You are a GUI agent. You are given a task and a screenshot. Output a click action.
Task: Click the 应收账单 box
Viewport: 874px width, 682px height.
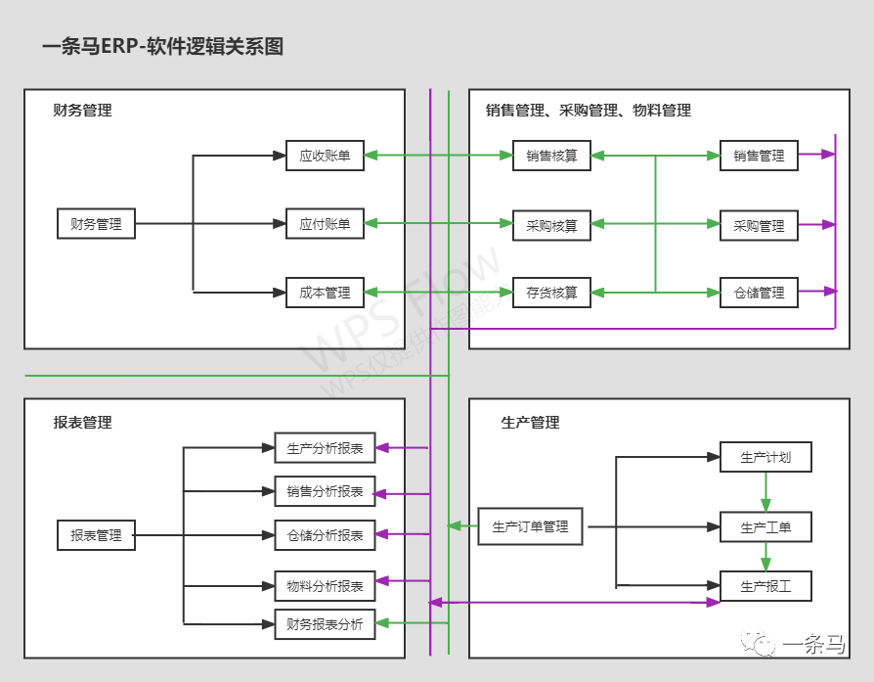pyautogui.click(x=325, y=156)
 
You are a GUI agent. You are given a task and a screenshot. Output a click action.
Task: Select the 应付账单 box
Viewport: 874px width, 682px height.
pyautogui.click(x=325, y=224)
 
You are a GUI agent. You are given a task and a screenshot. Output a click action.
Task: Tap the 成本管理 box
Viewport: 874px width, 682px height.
pyautogui.click(x=325, y=293)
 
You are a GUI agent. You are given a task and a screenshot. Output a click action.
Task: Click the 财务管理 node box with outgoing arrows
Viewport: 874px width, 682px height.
pyautogui.click(x=96, y=224)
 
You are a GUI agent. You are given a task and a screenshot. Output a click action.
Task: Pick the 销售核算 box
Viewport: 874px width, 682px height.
pyautogui.click(x=551, y=156)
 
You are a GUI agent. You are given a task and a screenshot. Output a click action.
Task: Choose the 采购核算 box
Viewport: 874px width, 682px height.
pyautogui.click(x=551, y=226)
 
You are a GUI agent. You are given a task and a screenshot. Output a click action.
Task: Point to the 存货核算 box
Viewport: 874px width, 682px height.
pyautogui.click(x=551, y=293)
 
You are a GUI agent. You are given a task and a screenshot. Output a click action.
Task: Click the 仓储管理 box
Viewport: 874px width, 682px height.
pyautogui.click(x=759, y=293)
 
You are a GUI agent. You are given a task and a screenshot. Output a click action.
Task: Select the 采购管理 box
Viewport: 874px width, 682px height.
pyautogui.click(x=759, y=226)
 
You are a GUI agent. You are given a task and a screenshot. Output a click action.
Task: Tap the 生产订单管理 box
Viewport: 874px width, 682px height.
pyautogui.click(x=530, y=526)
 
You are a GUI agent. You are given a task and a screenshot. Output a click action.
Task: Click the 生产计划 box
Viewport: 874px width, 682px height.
pyautogui.click(x=765, y=457)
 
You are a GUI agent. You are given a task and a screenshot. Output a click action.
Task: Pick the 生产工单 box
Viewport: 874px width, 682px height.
pyautogui.click(x=765, y=527)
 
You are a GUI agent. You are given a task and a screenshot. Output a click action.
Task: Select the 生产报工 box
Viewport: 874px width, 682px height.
pyautogui.click(x=765, y=586)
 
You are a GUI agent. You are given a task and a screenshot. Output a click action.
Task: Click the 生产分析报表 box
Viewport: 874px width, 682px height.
pyautogui.click(x=325, y=448)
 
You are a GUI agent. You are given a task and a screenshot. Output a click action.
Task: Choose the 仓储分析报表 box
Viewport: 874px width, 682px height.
pyautogui.click(x=325, y=535)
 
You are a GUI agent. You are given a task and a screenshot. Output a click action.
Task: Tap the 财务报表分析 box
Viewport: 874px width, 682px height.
pyautogui.click(x=325, y=623)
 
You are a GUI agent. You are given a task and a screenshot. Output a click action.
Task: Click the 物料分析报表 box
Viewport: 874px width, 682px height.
pyautogui.click(x=325, y=586)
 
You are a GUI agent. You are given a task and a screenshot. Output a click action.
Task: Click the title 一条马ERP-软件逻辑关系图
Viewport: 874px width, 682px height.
pyautogui.click(x=163, y=47)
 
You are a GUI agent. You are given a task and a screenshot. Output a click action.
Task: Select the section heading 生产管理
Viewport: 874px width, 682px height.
pyautogui.click(x=530, y=423)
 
